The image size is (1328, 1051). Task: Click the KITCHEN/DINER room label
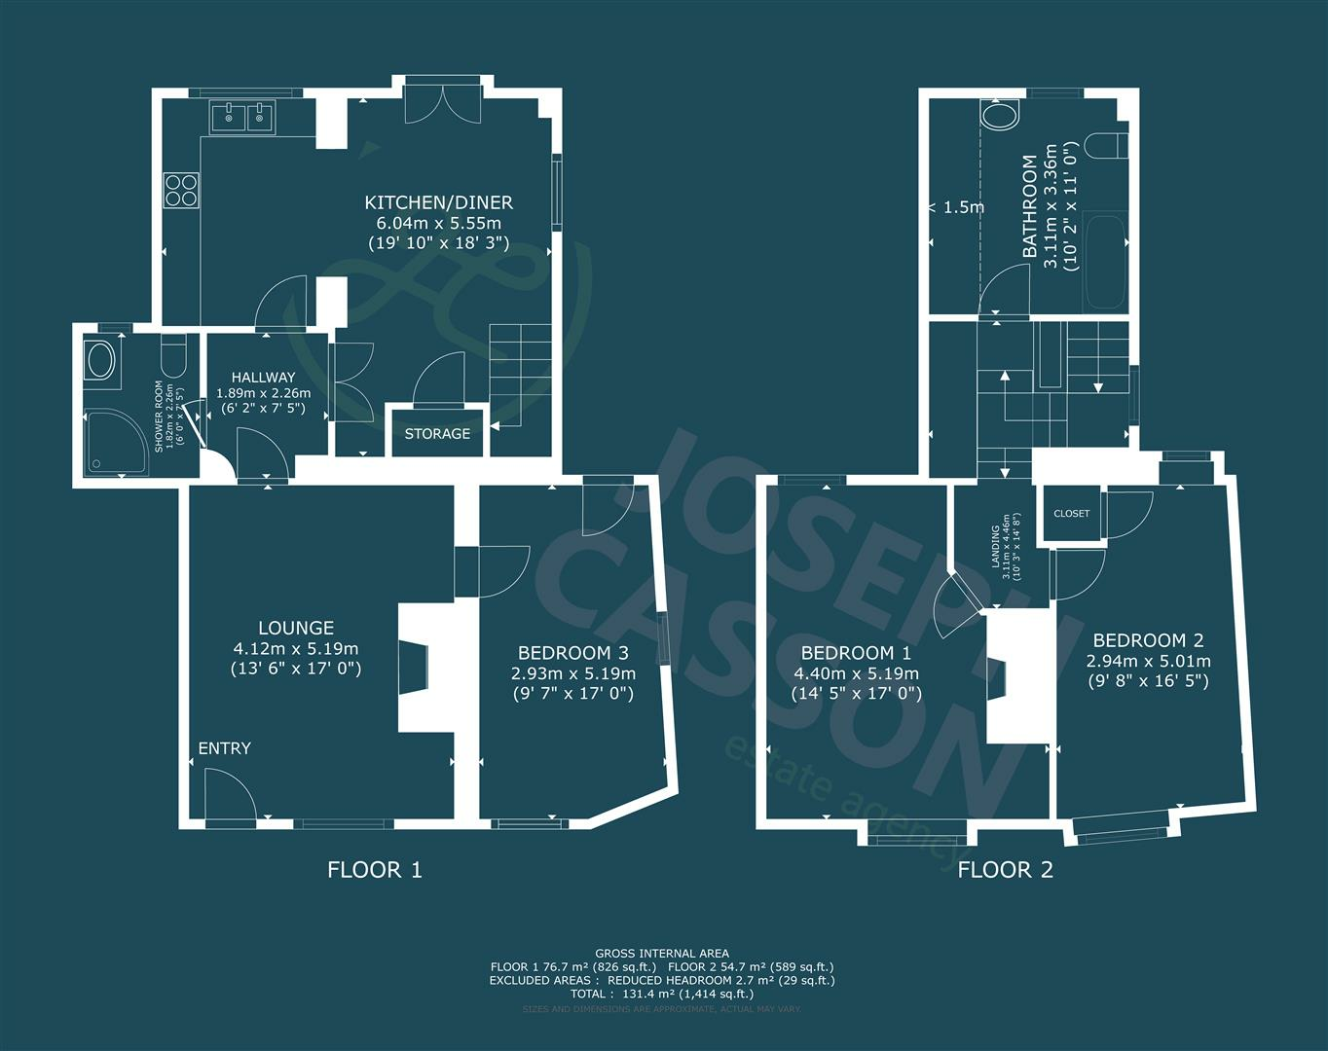(x=438, y=202)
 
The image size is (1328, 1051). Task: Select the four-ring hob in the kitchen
(x=181, y=189)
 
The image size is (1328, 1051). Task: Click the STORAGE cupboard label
(x=437, y=434)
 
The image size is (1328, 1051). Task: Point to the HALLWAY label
(x=263, y=378)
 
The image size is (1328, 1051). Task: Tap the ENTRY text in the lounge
(x=224, y=748)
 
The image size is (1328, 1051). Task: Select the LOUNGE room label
(x=296, y=629)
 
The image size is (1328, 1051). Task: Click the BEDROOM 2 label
(x=1148, y=640)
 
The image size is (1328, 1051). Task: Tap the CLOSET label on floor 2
(x=1071, y=513)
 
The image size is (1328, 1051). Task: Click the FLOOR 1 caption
(x=375, y=870)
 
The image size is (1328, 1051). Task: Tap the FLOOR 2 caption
(x=1005, y=870)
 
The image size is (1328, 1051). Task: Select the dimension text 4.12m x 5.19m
(x=296, y=649)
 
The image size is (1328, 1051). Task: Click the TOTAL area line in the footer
(x=662, y=994)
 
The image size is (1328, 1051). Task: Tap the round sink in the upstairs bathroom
(x=998, y=118)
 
